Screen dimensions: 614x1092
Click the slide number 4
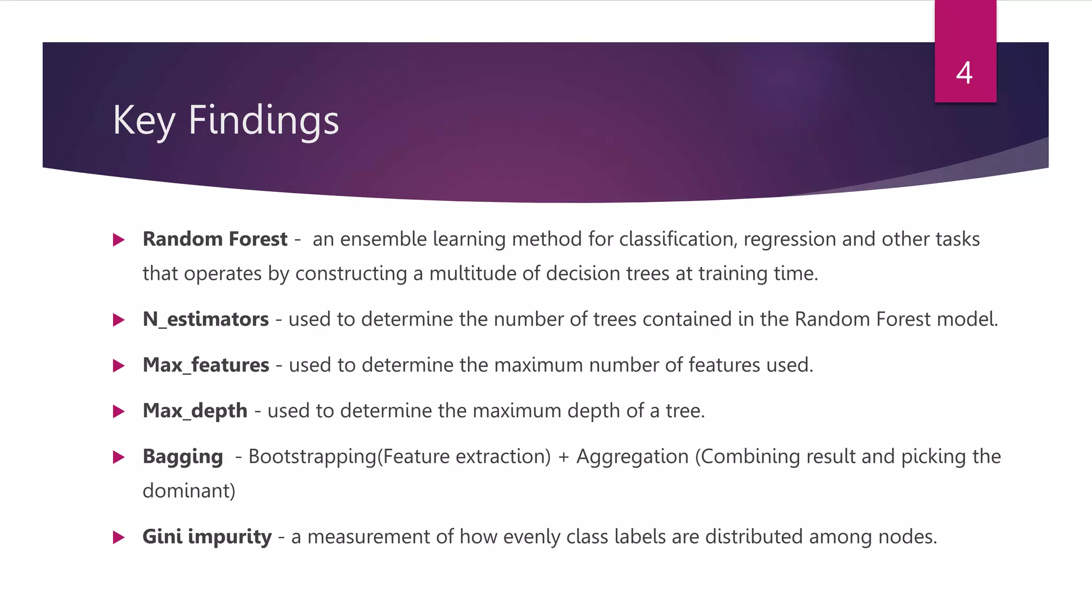tap(964, 73)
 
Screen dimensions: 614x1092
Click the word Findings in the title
tap(263, 120)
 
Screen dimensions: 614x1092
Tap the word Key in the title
tap(144, 120)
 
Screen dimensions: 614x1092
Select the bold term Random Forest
tap(215, 239)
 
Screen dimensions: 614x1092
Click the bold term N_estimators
tap(206, 319)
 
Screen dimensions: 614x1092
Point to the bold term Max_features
tap(206, 365)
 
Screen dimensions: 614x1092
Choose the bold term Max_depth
tap(195, 411)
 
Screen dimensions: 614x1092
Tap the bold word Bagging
tap(183, 457)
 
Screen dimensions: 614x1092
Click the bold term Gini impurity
tap(207, 537)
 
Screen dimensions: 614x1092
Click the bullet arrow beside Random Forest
tap(119, 240)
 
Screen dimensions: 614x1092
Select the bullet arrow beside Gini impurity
tap(119, 537)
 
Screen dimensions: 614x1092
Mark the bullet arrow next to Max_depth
tap(119, 411)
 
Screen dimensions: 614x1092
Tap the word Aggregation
tap(632, 457)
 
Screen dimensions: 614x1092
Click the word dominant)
tap(189, 491)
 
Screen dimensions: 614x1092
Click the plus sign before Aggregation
tap(564, 457)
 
